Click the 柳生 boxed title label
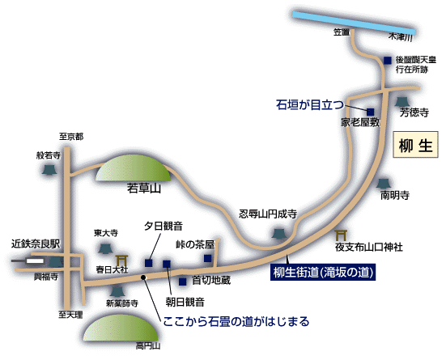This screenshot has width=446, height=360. [x=415, y=145]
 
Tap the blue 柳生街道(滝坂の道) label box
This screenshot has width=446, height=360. [x=323, y=273]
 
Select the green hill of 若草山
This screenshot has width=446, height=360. [x=133, y=167]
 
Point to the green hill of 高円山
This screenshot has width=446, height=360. [x=121, y=328]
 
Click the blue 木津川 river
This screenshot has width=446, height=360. [x=354, y=23]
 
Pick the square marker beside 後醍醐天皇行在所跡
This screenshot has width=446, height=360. [x=387, y=61]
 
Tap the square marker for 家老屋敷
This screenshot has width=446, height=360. [x=370, y=112]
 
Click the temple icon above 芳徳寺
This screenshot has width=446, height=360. [x=402, y=102]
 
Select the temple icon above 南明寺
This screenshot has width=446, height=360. [x=383, y=184]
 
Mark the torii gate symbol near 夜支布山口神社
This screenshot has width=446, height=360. [x=341, y=235]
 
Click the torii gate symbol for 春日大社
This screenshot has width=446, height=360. [x=121, y=260]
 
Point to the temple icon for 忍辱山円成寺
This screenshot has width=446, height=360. [x=278, y=234]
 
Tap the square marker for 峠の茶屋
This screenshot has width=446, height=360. [x=208, y=258]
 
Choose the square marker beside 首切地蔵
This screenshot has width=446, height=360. [x=182, y=282]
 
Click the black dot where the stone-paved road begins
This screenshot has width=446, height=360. [x=143, y=277]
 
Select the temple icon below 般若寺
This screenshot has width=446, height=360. [x=49, y=170]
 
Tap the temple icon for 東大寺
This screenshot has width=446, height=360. [x=105, y=249]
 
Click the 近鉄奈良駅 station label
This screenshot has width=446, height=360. [x=36, y=244]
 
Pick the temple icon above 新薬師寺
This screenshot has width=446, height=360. [x=117, y=291]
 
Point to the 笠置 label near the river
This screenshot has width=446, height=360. [x=342, y=32]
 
